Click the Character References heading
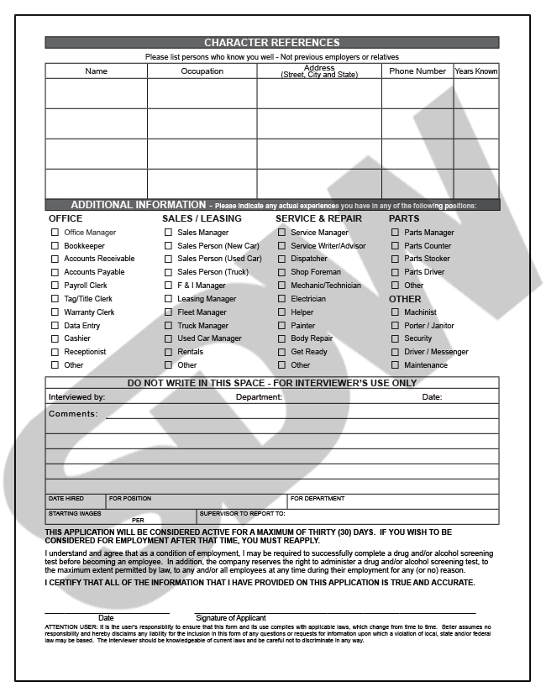[x=272, y=43]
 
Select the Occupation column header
[x=202, y=71]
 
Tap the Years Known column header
[x=475, y=71]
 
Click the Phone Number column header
[x=417, y=71]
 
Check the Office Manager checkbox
[x=55, y=233]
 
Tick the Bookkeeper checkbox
[x=55, y=246]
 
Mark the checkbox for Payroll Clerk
[x=55, y=286]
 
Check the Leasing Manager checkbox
[x=168, y=299]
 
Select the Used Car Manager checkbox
[x=168, y=338]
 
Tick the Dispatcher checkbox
[x=282, y=259]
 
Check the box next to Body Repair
[x=282, y=338]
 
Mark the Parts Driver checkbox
[x=396, y=272]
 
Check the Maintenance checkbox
[x=396, y=365]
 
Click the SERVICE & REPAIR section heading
[x=318, y=218]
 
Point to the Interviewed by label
[x=76, y=397]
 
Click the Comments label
[x=73, y=414]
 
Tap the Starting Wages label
[x=75, y=513]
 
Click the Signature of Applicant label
[x=231, y=618]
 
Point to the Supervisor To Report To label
[x=243, y=513]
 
